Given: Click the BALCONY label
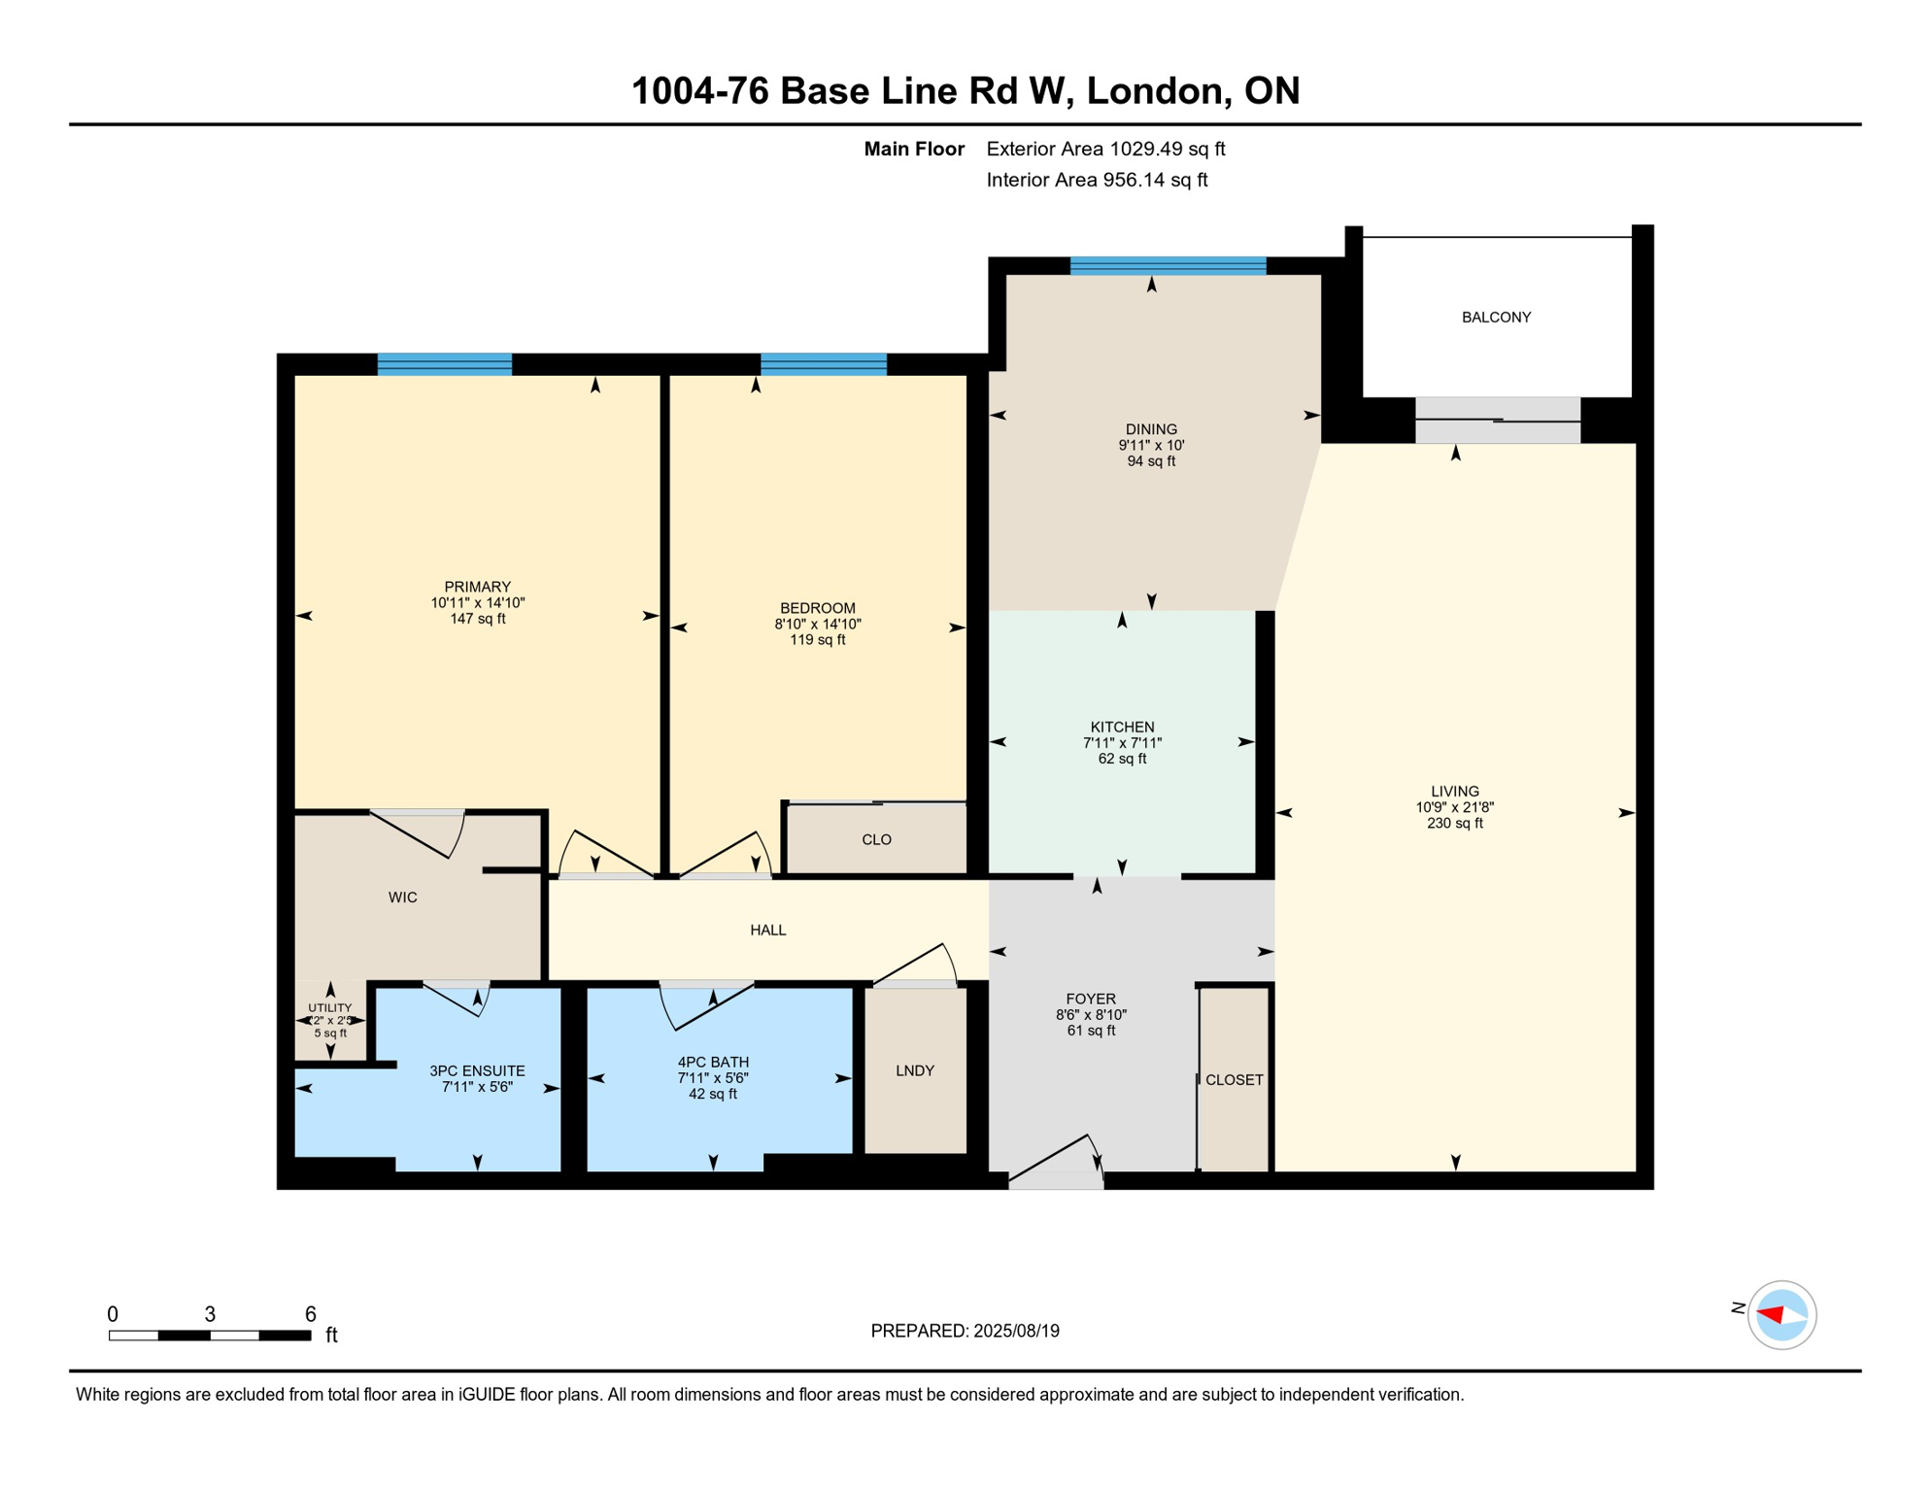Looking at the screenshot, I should click(1496, 318).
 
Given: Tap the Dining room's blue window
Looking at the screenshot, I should click(1168, 265).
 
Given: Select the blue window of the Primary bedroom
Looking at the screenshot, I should click(444, 364).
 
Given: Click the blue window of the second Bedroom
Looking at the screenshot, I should click(823, 364).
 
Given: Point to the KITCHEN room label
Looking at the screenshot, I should click(1122, 727).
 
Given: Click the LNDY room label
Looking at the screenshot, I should click(914, 1070).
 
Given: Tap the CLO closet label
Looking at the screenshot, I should click(876, 839).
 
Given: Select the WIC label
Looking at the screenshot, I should click(402, 898).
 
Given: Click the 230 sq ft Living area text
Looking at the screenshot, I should click(1454, 823).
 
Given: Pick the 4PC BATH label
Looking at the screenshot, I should click(713, 1062).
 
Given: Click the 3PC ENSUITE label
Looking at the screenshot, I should click(477, 1070).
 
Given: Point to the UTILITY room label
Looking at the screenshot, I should click(330, 1008).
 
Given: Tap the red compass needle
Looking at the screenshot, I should click(1770, 1314).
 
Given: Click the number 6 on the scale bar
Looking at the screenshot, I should click(310, 1314).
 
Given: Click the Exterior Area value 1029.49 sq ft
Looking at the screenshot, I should click(1167, 149).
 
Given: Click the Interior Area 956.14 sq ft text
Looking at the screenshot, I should click(1097, 180).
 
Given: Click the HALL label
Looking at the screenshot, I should click(767, 930).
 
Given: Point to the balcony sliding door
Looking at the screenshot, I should click(1497, 420).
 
